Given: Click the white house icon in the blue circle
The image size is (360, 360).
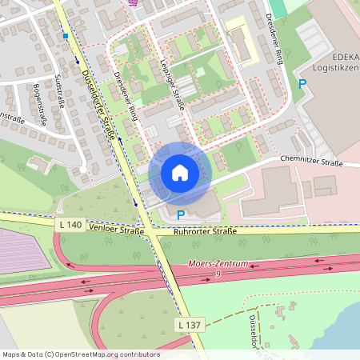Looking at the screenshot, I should (x=180, y=173).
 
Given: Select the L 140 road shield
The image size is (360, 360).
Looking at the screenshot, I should (x=70, y=226).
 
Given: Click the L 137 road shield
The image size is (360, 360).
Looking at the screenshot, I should (x=190, y=324).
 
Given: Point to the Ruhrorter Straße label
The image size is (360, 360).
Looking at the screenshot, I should (x=205, y=232).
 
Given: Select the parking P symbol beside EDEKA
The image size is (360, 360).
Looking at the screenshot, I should (x=302, y=84).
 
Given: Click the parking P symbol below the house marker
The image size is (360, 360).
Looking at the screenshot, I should (x=181, y=214).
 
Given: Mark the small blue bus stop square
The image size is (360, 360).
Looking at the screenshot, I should (x=66, y=36).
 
